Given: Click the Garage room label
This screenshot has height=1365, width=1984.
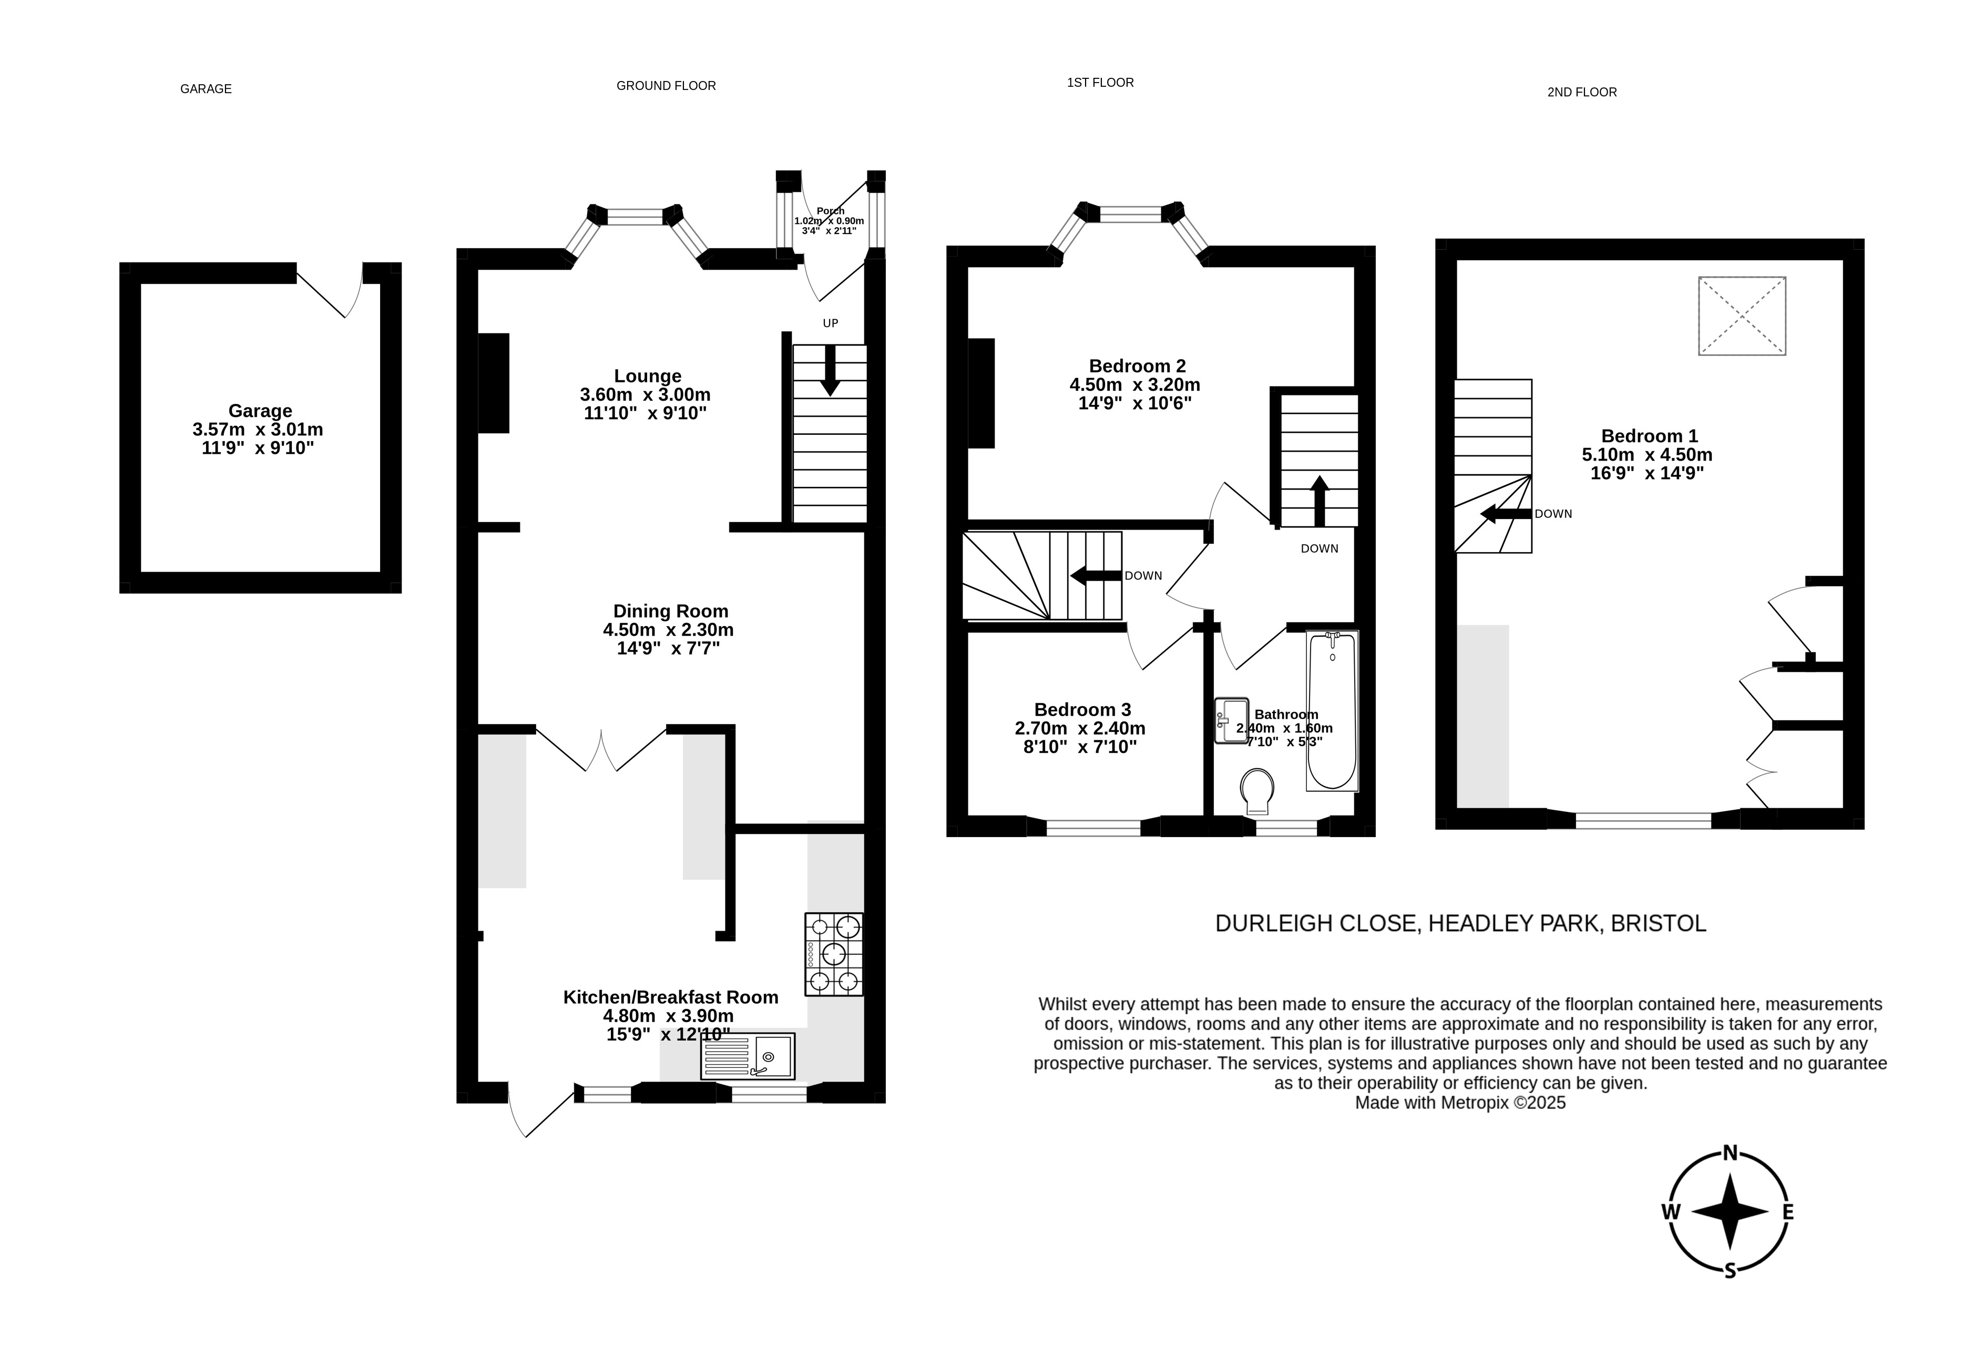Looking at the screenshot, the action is coord(260,411).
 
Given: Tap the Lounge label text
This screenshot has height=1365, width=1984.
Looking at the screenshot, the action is coord(647,376).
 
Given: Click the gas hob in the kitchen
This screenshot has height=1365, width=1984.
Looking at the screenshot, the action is coord(834,954).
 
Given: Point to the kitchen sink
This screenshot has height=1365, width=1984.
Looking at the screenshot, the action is coord(748,1056).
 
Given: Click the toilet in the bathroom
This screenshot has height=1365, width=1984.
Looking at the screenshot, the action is coord(1256,791).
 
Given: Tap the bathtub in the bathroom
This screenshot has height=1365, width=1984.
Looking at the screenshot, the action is coord(1332,711).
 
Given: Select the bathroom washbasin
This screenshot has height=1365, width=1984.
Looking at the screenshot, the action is coord(1231,720).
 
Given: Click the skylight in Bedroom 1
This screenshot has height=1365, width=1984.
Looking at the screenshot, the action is coord(1742,315).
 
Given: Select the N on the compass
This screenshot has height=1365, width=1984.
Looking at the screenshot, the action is coord(1729,1153).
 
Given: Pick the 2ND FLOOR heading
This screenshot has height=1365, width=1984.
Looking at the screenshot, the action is coord(1582,93).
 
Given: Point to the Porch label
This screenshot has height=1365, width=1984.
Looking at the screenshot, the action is coord(831,210).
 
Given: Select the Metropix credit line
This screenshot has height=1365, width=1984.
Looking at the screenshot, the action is coord(1460,1103).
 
